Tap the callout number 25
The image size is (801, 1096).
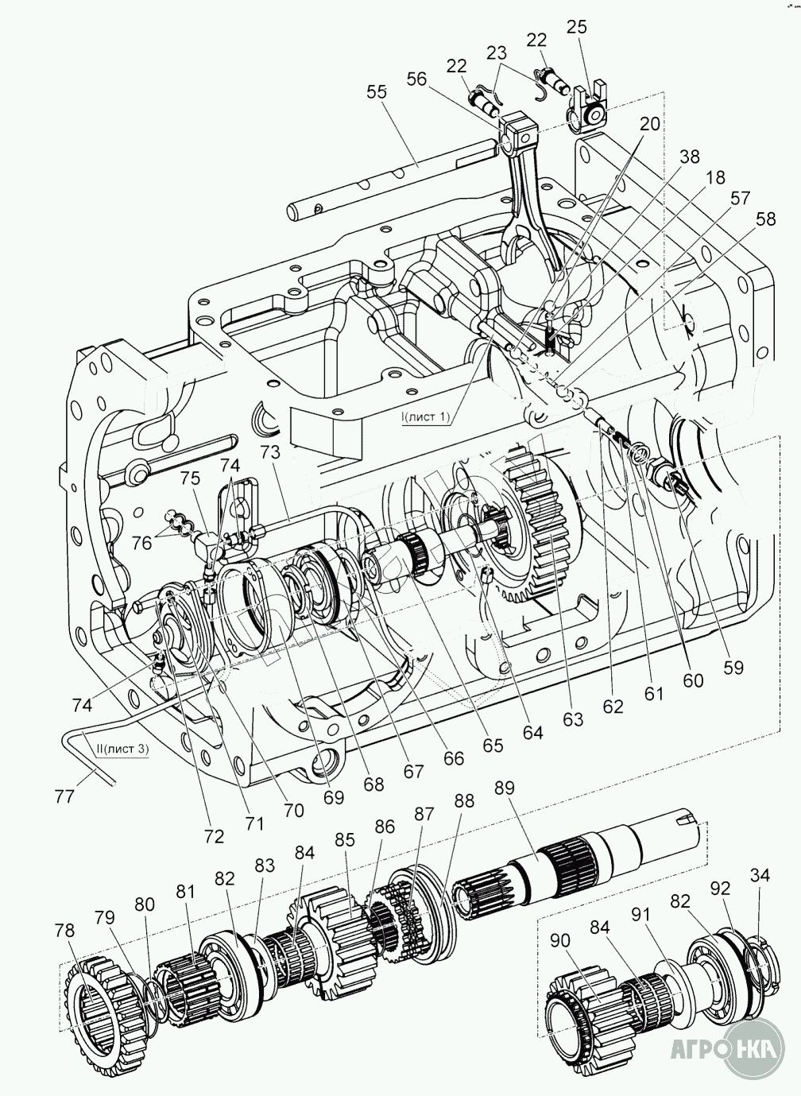pos(577,26)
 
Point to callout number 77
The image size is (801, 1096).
pos(64,795)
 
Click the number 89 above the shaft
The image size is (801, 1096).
pos(504,788)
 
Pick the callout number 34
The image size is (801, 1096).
pos(760,875)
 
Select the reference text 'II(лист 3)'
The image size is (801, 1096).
pos(120,749)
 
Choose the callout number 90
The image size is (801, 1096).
pos(559,941)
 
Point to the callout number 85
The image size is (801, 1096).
pos(344,838)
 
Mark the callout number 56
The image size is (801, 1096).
pos(416,78)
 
